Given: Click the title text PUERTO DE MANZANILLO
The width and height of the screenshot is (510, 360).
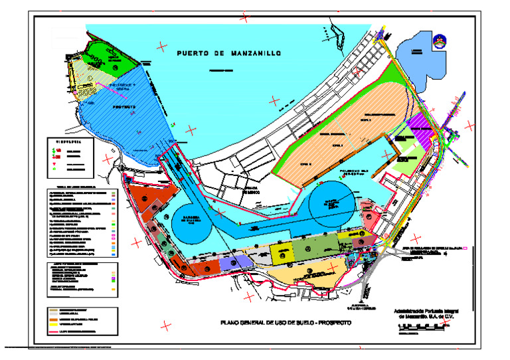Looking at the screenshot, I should pyautogui.click(x=226, y=52).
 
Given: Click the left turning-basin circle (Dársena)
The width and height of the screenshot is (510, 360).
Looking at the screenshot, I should pyautogui.click(x=192, y=221).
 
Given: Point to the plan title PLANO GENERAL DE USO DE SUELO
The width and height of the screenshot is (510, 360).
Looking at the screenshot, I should pyautogui.click(x=286, y=322).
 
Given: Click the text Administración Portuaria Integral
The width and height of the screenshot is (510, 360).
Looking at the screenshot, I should pyautogui.click(x=426, y=310).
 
